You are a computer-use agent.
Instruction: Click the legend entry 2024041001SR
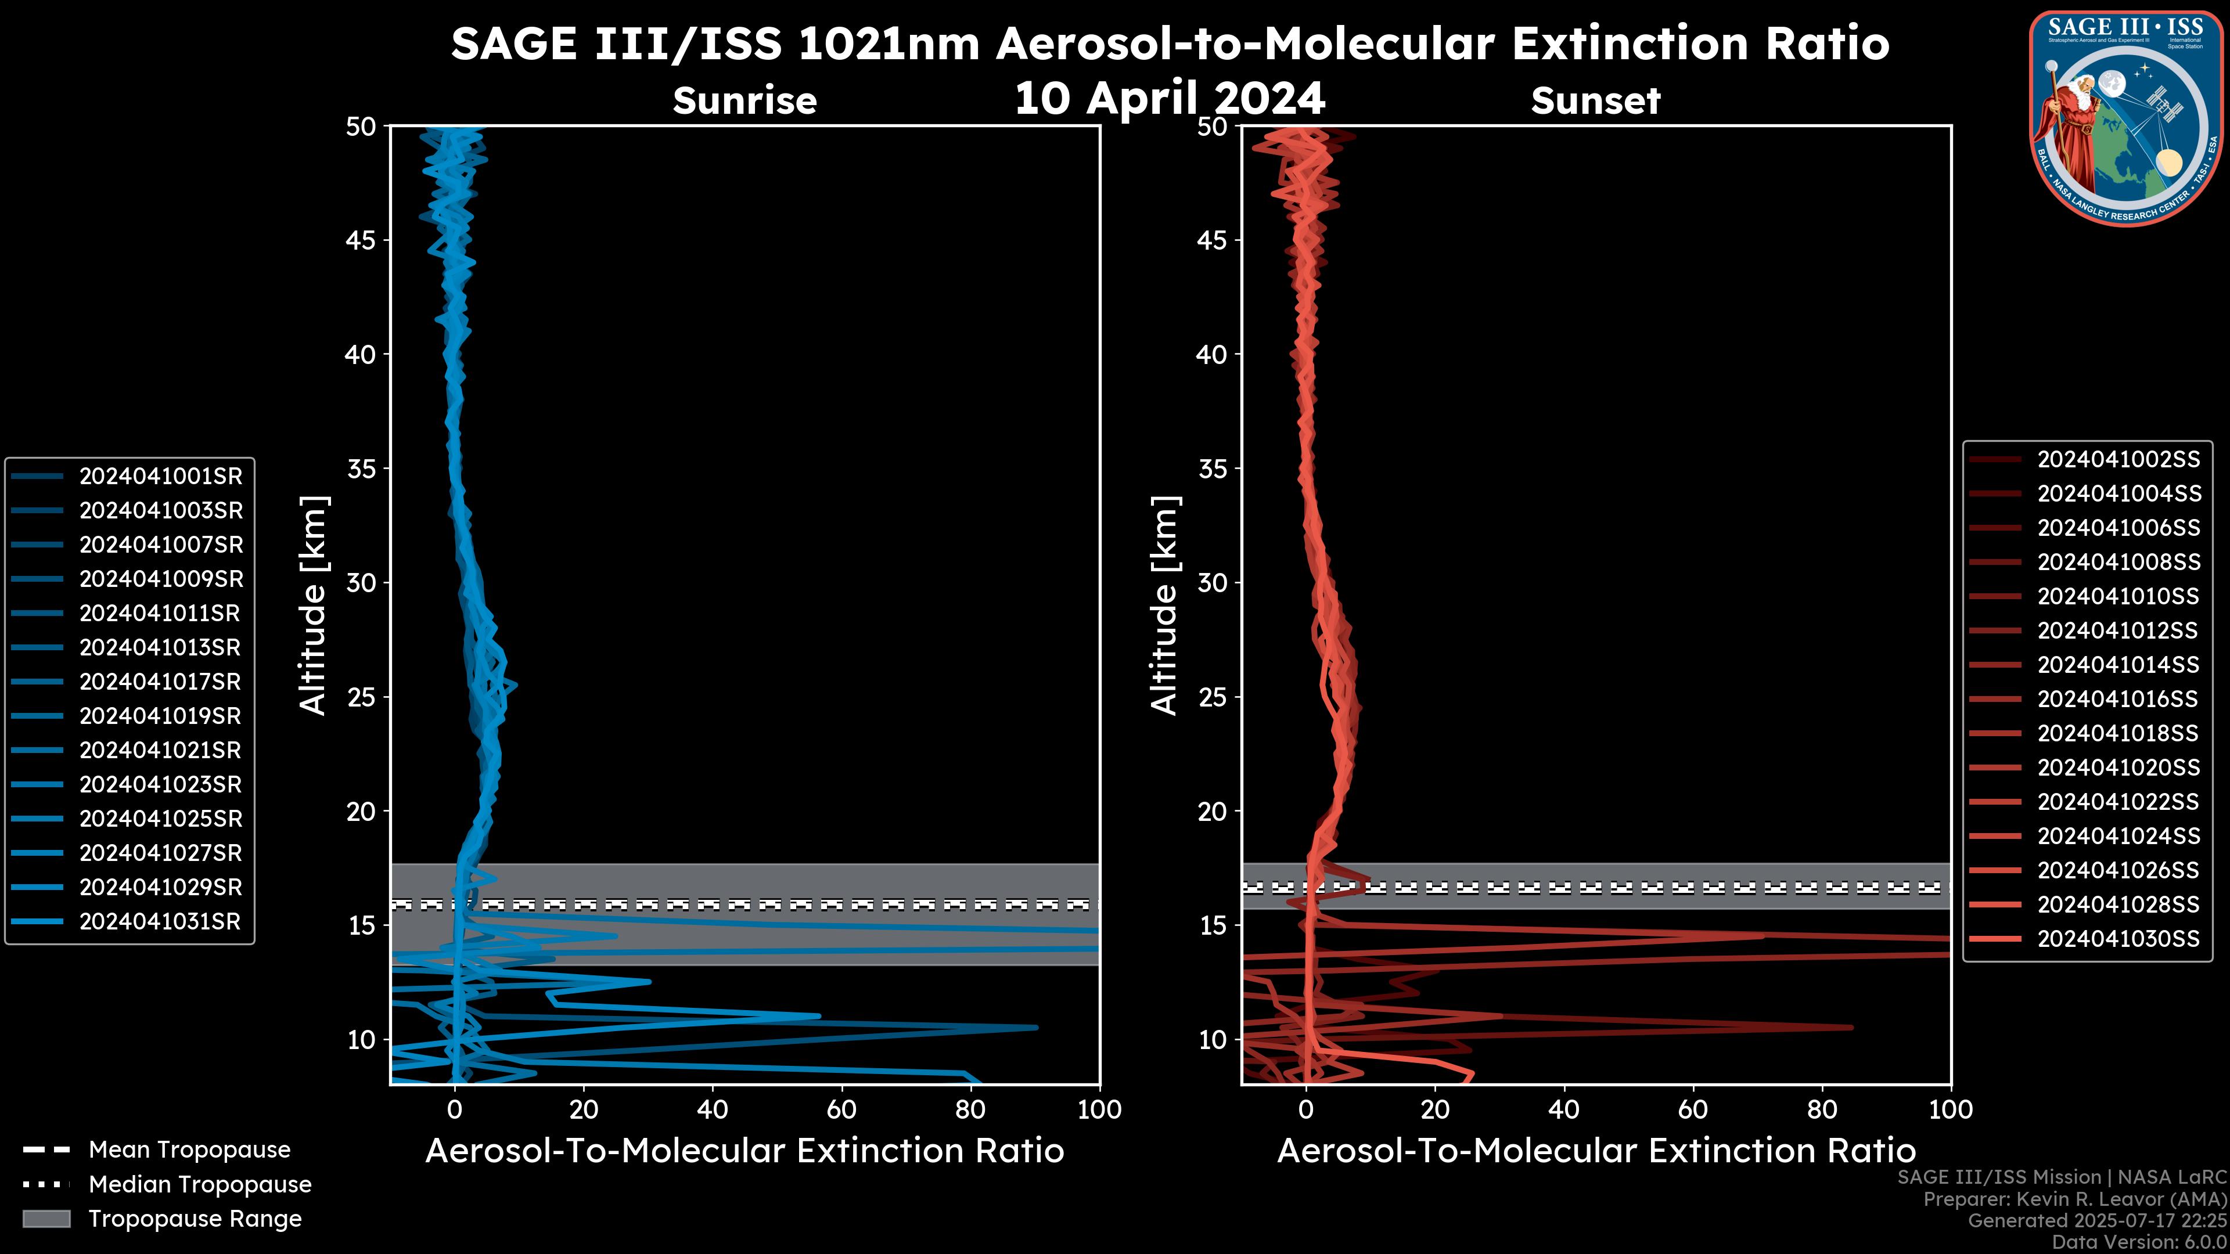click(160, 476)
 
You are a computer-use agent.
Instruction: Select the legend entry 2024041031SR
click(160, 922)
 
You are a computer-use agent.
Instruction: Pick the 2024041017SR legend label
click(160, 682)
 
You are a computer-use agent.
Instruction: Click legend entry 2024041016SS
click(2117, 699)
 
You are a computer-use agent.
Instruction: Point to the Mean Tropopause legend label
click(189, 1150)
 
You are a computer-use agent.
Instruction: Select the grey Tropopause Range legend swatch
click(46, 1219)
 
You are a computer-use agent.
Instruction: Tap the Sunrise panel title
click(744, 101)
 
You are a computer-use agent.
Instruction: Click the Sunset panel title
click(1595, 101)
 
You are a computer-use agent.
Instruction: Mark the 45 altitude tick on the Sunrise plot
click(362, 240)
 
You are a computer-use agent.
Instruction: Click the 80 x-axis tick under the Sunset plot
click(1822, 1109)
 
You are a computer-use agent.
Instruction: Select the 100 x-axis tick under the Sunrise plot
click(1099, 1109)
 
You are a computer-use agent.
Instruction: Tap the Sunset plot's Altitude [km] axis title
click(1164, 606)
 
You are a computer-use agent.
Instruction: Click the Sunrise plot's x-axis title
click(744, 1151)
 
